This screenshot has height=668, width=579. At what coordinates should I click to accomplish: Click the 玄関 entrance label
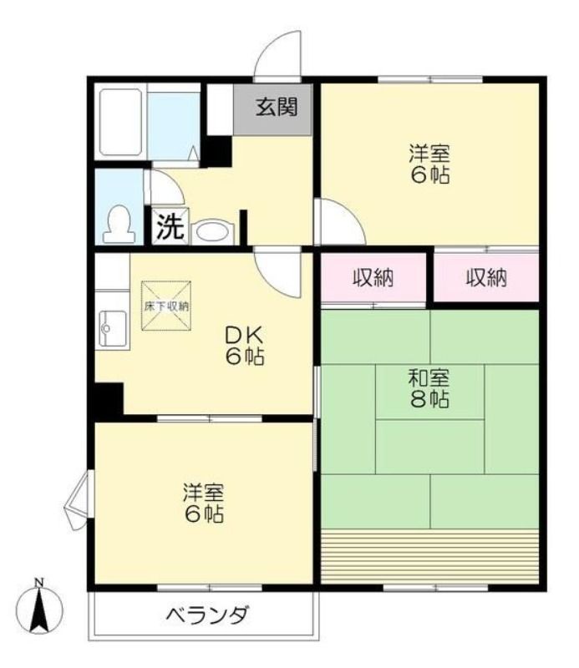pyautogui.click(x=277, y=107)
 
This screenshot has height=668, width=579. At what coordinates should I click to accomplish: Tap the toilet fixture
pyautogui.click(x=119, y=225)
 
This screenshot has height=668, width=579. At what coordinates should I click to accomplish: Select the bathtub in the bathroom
pyautogui.click(x=120, y=122)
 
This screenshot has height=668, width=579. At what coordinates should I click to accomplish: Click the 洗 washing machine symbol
pyautogui.click(x=170, y=225)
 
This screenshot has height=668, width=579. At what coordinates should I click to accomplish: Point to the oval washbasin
pyautogui.click(x=212, y=233)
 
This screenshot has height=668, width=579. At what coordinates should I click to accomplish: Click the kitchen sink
pyautogui.click(x=113, y=328)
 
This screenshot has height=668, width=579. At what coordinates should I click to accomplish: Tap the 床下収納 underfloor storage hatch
pyautogui.click(x=166, y=306)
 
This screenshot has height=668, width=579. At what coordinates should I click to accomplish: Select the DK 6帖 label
pyautogui.click(x=245, y=346)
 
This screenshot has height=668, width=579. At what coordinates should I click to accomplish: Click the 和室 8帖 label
pyautogui.click(x=429, y=389)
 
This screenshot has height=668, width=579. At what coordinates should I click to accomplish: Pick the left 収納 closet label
pyautogui.click(x=373, y=278)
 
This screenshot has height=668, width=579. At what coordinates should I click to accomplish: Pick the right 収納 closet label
pyautogui.click(x=486, y=278)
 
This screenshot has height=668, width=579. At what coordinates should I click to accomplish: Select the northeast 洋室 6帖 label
pyautogui.click(x=429, y=164)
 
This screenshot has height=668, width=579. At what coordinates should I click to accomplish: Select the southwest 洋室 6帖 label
pyautogui.click(x=204, y=504)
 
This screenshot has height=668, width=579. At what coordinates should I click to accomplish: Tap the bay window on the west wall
pyautogui.click(x=78, y=499)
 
